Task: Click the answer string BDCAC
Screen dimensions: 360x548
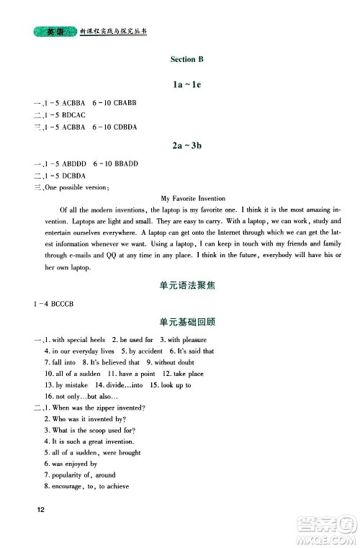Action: pos(64,114)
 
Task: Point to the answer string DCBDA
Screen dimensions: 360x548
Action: pos(64,175)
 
